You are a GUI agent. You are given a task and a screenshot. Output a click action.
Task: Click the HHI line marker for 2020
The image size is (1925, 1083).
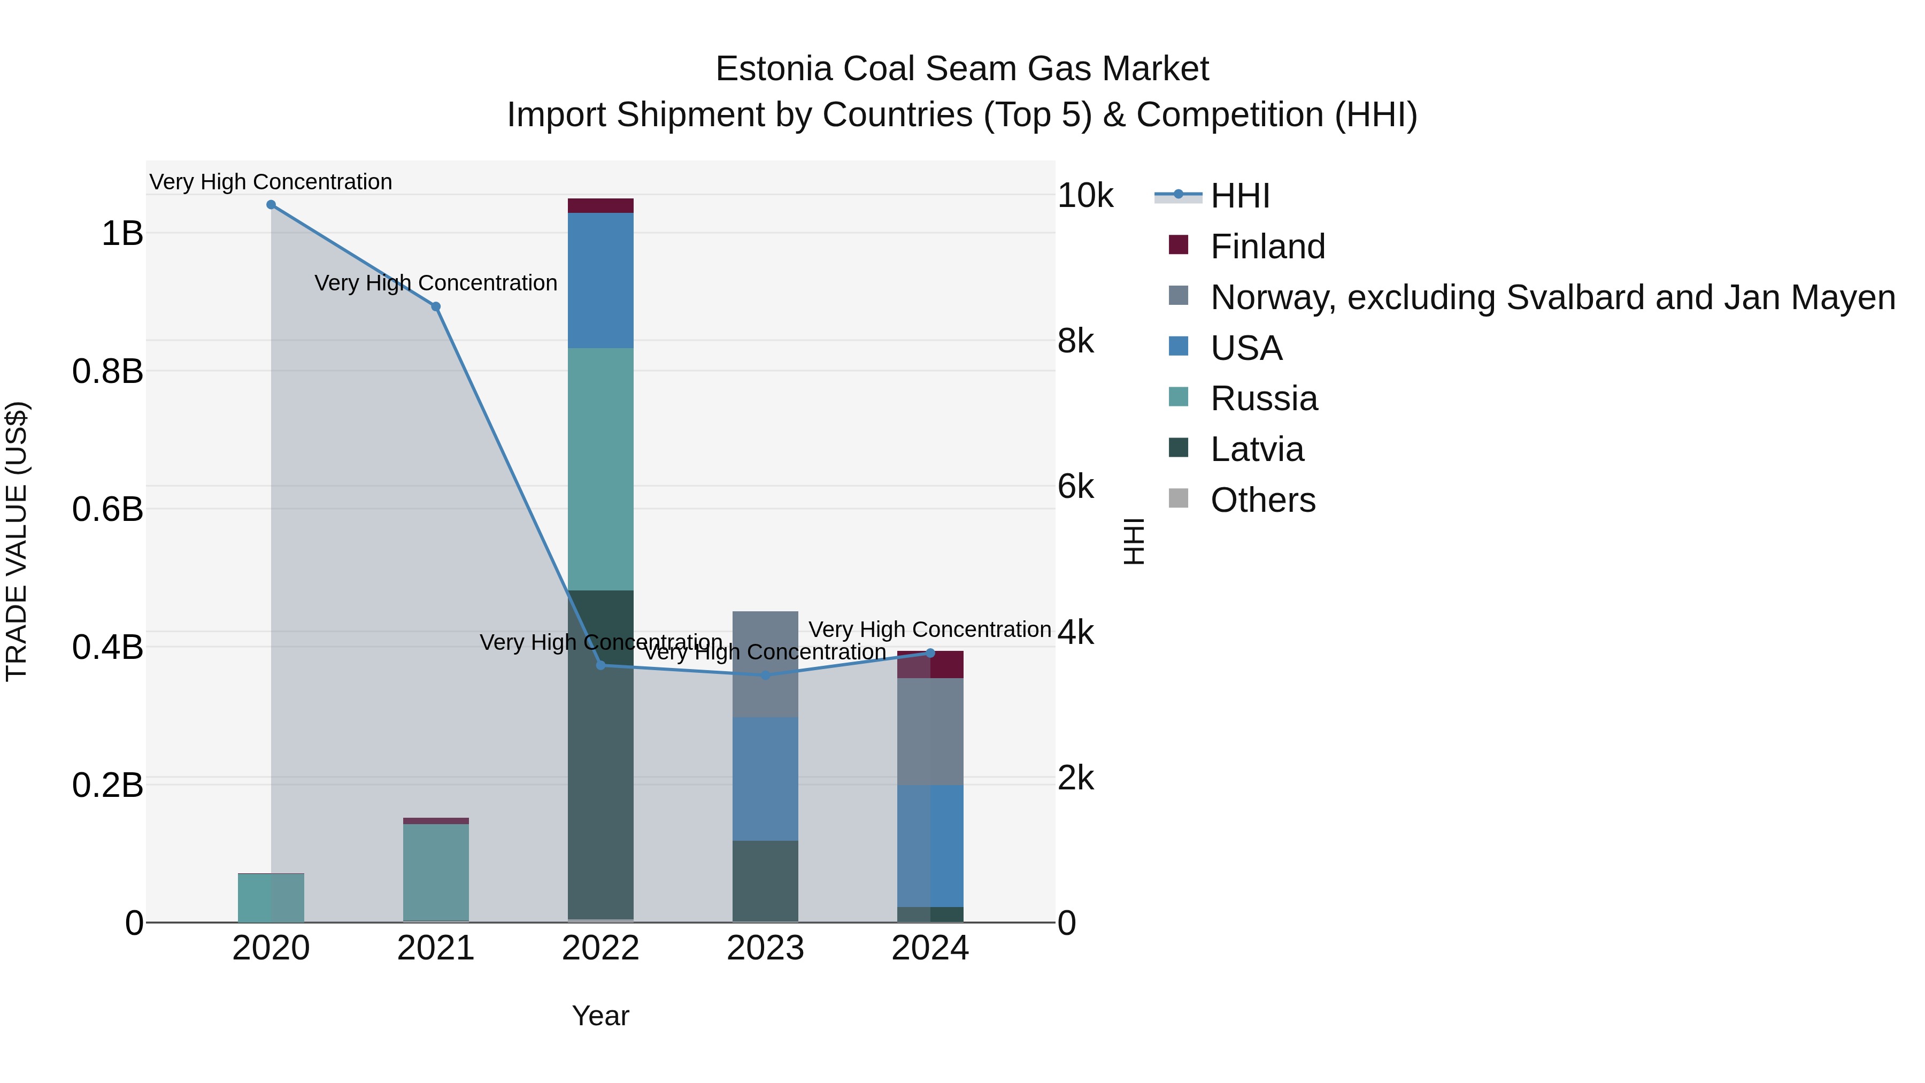[x=271, y=205]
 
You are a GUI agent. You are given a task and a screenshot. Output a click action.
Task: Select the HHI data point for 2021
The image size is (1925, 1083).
[x=436, y=306]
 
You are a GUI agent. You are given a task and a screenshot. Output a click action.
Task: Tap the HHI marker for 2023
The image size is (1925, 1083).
[x=765, y=675]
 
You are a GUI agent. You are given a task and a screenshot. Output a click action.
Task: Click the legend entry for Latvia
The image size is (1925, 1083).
[x=1257, y=449]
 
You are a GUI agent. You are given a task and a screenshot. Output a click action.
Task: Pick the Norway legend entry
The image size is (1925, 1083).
[x=1552, y=297]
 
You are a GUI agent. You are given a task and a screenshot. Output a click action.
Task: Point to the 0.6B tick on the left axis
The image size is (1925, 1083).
[x=107, y=509]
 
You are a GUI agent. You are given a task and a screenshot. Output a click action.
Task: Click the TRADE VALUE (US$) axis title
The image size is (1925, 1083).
[x=17, y=541]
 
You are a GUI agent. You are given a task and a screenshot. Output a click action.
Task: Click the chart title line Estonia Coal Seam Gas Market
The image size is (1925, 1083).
[x=962, y=69]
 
